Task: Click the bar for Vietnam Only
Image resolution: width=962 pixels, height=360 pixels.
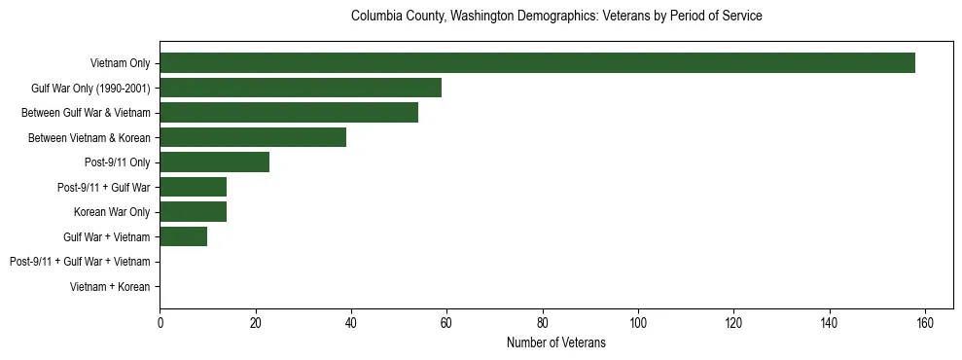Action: [537, 63]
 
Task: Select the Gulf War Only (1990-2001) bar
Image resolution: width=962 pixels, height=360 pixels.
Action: [301, 88]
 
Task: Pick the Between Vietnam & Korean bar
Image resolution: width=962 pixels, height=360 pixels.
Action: [253, 137]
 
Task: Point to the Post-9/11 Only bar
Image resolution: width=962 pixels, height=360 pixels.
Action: [214, 162]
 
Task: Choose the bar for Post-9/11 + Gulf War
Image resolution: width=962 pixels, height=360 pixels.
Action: [193, 187]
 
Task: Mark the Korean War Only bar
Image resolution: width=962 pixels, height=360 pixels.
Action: [193, 212]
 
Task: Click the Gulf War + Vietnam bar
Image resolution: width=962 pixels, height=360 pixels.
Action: [183, 236]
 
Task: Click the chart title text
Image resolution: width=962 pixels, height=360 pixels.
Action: [556, 17]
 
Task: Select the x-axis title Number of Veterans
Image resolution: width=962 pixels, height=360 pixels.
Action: [556, 343]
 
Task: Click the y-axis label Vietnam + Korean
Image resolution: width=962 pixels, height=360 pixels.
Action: [110, 287]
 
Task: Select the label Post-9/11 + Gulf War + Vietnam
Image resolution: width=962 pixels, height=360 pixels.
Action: [80, 262]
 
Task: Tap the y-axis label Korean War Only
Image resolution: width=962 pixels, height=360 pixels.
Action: [112, 212]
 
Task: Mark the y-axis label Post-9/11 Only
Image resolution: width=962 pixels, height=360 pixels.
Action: [118, 162]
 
